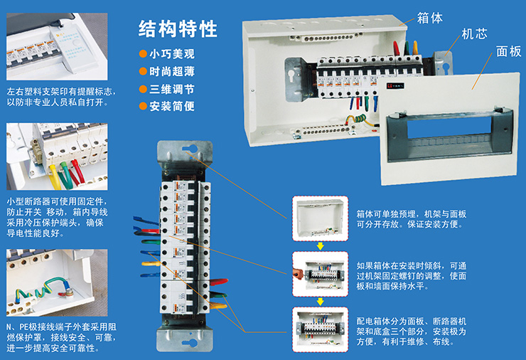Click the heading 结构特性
178,29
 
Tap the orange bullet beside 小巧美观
143,54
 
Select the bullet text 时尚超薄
172,71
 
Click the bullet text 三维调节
172,89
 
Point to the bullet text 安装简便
172,106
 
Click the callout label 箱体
430,18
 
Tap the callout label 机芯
474,34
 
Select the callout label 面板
508,51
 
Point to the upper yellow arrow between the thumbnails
321,246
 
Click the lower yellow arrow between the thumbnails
321,302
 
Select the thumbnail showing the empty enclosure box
321,218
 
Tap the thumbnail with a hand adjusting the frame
321,274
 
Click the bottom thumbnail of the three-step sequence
321,329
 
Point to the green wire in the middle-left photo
65,174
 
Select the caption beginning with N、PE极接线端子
61,337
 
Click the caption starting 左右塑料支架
61,97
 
